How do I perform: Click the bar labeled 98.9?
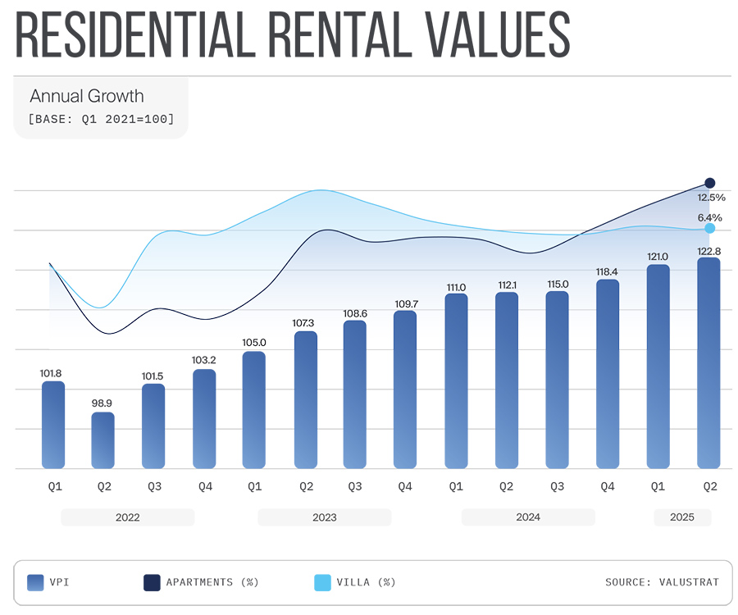coord(102,440)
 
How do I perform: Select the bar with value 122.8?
coord(708,363)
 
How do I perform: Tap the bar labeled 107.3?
coord(305,400)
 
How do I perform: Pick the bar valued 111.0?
coord(456,381)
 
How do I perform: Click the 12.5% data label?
coord(711,198)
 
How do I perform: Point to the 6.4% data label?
coord(709,217)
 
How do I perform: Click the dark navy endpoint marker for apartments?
coord(710,183)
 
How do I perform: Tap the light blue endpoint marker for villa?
coord(710,229)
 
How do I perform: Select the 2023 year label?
coord(324,517)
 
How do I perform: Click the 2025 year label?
coord(682,517)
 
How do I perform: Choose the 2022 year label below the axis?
coord(127,517)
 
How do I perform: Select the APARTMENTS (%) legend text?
coord(212,582)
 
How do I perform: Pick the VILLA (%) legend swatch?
coord(322,582)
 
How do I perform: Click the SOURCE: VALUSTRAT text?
coord(662,582)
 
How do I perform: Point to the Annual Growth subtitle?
coord(86,97)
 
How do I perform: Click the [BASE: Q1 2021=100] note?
coord(101,119)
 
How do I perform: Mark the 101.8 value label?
coord(51,373)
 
